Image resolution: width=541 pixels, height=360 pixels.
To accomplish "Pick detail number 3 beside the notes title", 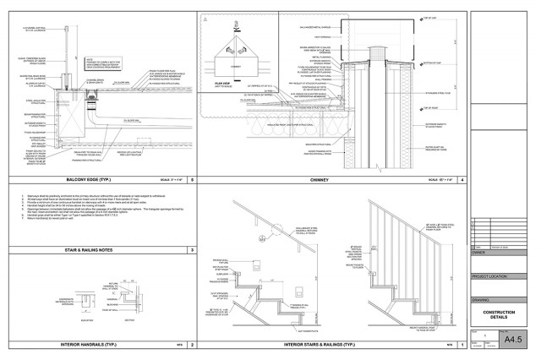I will click(x=193, y=250).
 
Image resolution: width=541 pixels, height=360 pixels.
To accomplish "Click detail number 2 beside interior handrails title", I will click(x=193, y=345).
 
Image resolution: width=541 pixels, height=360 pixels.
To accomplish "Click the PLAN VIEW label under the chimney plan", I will click(x=222, y=85).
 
